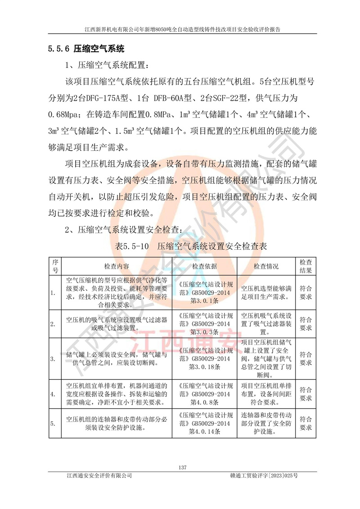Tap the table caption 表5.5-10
coord(133,246)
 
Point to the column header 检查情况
coord(266,266)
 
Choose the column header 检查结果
coord(306,266)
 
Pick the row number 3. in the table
coord(53,359)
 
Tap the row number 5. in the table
coord(53,423)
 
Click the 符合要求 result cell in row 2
coord(306,324)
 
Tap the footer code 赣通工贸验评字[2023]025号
coord(264,475)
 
